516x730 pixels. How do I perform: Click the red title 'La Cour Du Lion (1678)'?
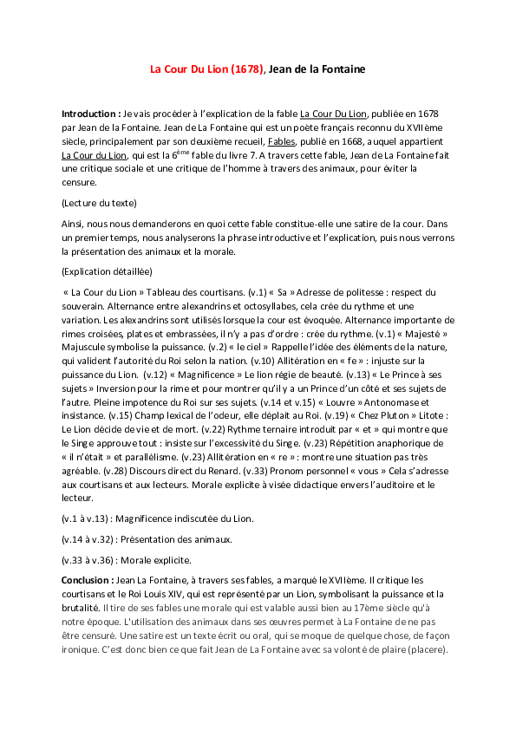(x=206, y=68)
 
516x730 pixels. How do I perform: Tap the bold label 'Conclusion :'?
(x=88, y=578)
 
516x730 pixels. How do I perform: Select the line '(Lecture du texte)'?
(x=99, y=203)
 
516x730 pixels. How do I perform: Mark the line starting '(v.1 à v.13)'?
(x=158, y=518)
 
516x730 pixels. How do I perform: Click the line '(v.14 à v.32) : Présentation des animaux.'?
(x=147, y=539)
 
